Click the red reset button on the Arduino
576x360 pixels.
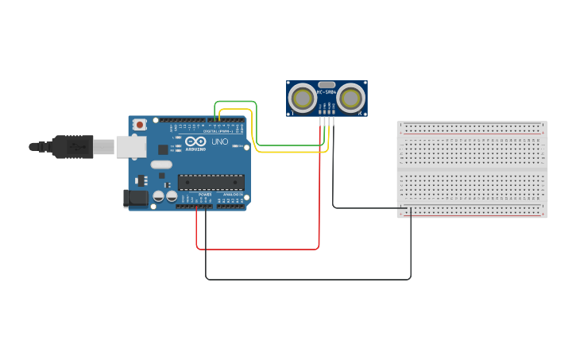tap(140, 124)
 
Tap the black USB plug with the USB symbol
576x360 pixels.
tap(72, 147)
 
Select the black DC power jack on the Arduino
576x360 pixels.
tap(136, 199)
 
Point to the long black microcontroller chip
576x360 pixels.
tap(211, 183)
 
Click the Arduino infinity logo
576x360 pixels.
tap(195, 142)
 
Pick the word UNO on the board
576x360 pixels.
tap(220, 142)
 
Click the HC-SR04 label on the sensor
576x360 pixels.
tap(327, 92)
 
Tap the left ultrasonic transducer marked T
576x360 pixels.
tap(302, 99)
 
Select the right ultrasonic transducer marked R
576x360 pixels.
tap(351, 99)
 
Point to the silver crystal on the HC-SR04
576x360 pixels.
tap(327, 84)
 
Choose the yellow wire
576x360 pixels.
tap(286, 151)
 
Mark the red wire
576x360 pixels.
tap(258, 249)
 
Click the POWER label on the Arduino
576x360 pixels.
tap(205, 195)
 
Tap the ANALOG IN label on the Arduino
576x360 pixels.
tap(232, 195)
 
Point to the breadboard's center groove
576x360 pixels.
tap(472, 169)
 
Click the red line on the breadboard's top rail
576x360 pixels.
tap(472, 134)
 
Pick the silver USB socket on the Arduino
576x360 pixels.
tap(130, 146)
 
